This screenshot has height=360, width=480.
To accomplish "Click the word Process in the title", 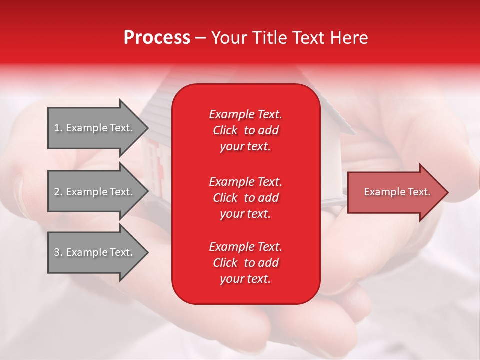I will pos(157,38).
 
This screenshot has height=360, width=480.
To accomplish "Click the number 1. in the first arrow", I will pos(58,128).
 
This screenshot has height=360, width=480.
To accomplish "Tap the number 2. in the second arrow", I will pos(58,192).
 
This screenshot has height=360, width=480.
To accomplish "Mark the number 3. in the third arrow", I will pos(58,252).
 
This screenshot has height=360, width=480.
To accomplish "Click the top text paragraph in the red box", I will pos(245,130).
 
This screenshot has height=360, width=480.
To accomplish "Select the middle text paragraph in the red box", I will pos(245,197).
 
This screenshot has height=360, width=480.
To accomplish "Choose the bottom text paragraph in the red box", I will pos(245,263).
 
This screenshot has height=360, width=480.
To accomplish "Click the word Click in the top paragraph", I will pos(225,130).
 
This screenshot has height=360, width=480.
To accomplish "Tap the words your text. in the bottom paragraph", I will pos(245,279).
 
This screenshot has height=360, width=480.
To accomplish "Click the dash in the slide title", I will pos(200,38).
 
